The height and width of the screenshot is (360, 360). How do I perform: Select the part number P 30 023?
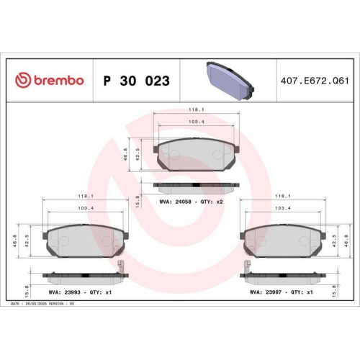coord(137,81)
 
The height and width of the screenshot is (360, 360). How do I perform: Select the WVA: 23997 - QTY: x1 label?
coord(281,293)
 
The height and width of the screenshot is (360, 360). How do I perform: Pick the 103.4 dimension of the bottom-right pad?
coord(283,209)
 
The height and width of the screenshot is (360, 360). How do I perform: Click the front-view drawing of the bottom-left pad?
coord(84,243)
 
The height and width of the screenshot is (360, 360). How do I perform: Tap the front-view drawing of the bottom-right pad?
coord(282,243)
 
